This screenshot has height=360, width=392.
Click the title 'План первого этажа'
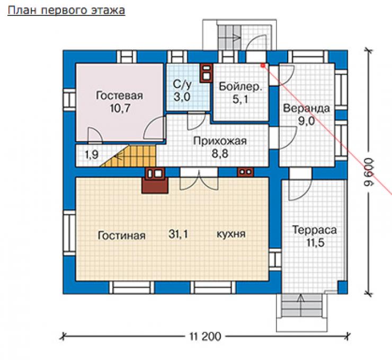tap(66, 11)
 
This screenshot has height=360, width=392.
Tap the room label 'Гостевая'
tap(120, 95)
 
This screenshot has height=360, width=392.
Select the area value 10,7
tap(120, 108)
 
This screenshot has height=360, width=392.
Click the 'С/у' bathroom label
tap(182, 84)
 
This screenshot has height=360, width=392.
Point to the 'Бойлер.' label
tap(240, 86)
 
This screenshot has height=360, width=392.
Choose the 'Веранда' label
tap(307, 108)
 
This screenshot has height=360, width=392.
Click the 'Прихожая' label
tap(220, 141)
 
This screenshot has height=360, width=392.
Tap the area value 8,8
tap(220, 153)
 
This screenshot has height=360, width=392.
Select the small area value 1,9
tap(92, 155)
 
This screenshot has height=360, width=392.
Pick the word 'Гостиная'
tap(121, 235)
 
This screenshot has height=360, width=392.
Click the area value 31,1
tap(178, 234)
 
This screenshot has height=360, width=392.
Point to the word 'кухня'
tap(231, 234)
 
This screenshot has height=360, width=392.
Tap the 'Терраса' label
tap(315, 230)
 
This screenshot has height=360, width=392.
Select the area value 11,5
tap(315, 243)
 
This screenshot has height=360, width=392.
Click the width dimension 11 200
tap(205, 337)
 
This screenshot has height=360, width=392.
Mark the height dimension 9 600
tap(369, 172)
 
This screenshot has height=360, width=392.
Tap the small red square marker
tap(263, 66)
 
